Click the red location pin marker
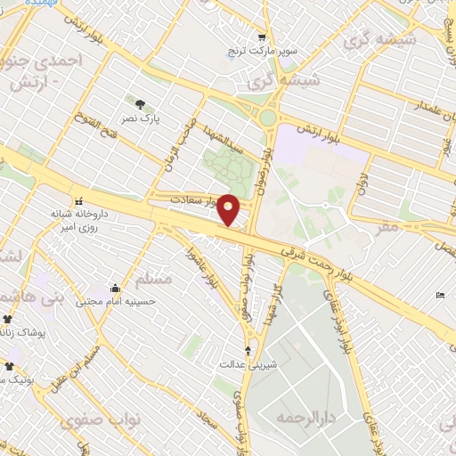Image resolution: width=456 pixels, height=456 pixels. tap(229, 209)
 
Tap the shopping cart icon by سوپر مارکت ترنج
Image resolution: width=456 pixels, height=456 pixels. tap(261, 37)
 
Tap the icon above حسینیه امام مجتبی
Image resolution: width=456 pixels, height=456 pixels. tap(116, 288)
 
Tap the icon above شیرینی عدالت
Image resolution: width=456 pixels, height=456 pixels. tap(248, 350)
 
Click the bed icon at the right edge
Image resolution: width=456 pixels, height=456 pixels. tap(441, 295)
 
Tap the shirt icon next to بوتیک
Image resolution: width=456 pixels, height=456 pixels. tap(8, 366)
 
